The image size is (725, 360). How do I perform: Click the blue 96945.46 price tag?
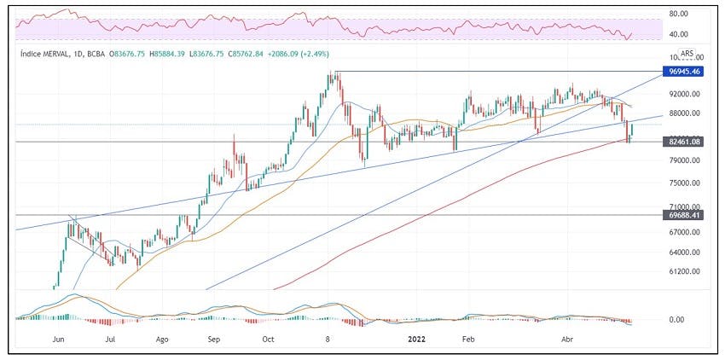pos(683,72)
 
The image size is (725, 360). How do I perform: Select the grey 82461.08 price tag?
pos(683,142)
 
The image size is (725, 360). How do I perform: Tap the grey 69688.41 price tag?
pos(683,215)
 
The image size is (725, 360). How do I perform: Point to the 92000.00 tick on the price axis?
pos(686,94)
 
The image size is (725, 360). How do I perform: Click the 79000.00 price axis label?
pos(686,160)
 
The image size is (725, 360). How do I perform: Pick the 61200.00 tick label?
pos(686,271)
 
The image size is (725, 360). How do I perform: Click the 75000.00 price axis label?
pos(686,183)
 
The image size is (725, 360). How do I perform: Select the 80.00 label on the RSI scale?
pos(678,14)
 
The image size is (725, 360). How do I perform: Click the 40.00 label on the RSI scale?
pos(678,34)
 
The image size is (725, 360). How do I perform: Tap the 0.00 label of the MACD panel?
pos(676,320)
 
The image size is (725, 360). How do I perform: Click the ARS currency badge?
pos(687,53)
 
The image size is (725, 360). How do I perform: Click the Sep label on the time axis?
pos(213,340)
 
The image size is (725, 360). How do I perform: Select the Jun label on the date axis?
pos(58,340)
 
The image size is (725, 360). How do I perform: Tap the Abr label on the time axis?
pos(567,340)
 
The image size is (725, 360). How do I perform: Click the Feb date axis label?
pos(469,340)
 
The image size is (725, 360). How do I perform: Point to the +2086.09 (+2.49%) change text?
pos(298,54)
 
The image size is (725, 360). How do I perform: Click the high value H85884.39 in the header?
pos(167,54)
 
